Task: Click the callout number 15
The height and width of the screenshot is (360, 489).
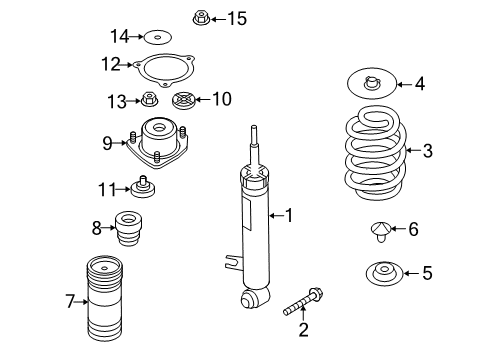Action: tap(237, 18)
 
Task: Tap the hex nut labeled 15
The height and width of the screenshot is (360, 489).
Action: tap(201, 18)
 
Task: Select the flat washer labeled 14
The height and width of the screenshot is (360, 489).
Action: tap(158, 37)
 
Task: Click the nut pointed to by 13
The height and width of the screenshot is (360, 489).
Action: tap(149, 99)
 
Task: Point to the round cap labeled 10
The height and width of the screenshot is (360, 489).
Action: tap(183, 100)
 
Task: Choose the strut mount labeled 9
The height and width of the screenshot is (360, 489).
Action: tap(157, 143)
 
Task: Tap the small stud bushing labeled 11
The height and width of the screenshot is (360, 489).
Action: tap(143, 187)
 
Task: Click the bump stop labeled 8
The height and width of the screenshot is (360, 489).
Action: tap(129, 229)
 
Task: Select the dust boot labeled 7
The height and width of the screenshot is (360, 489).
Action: tap(105, 298)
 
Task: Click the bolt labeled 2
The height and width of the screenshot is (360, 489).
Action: tap(303, 302)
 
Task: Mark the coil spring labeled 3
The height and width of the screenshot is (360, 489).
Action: tap(375, 153)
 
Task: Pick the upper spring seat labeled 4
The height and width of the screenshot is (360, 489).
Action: tap(372, 84)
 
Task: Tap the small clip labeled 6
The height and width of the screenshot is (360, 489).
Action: tap(380, 231)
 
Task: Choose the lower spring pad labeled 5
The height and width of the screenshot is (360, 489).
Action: tap(384, 274)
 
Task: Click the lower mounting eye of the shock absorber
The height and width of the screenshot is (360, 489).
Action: tap(254, 297)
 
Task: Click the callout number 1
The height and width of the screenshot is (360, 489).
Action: tap(288, 215)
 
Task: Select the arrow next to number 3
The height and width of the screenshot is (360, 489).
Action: tap(414, 150)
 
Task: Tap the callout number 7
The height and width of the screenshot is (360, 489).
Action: tap(70, 301)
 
